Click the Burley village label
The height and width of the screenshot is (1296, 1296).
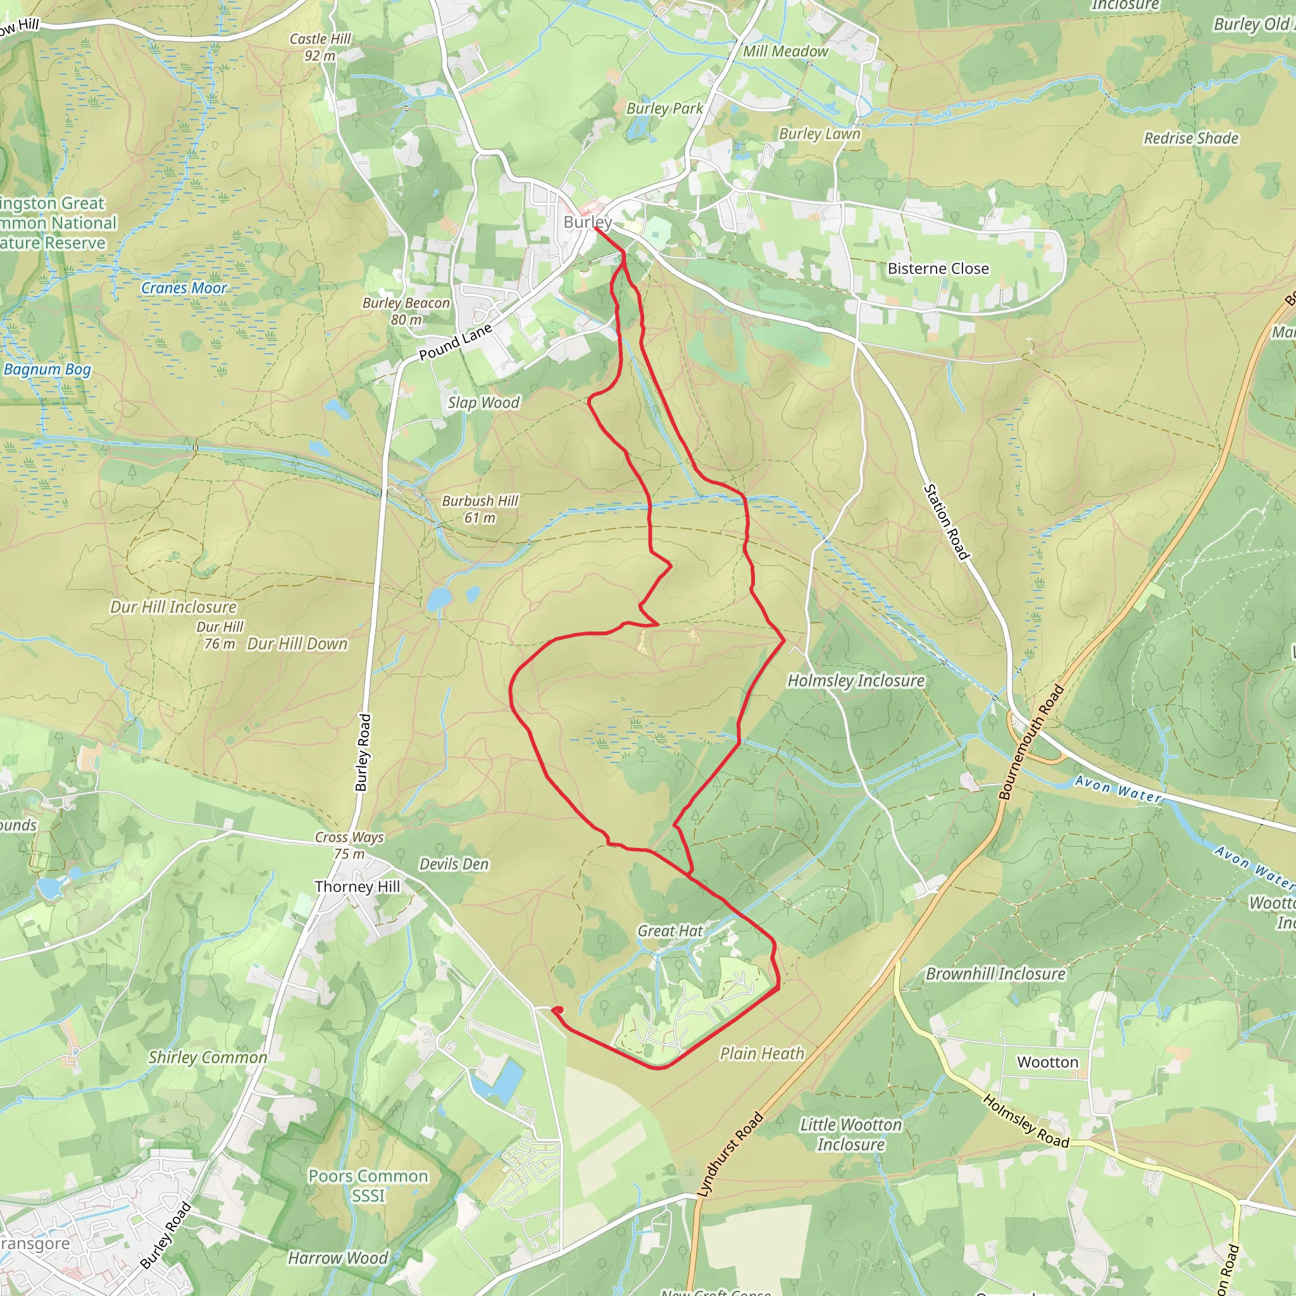pos(587,222)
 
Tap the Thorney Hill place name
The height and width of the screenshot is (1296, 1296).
pos(357,887)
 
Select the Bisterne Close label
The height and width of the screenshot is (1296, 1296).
pos(938,268)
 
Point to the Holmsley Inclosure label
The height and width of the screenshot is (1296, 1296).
pos(856,681)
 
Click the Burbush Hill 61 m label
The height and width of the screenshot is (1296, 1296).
pos(480,509)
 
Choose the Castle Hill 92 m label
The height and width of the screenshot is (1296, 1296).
pos(320,47)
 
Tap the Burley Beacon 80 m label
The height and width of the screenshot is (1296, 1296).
pos(406,311)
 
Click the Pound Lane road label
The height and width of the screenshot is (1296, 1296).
pos(456,342)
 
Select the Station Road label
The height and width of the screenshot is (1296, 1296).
pos(947,522)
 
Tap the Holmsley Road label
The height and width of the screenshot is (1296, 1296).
pos(1026,1121)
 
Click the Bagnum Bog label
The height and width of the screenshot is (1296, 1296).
pos(47,369)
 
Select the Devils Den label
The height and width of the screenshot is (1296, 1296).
pos(454,864)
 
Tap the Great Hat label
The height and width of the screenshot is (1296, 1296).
pos(670,931)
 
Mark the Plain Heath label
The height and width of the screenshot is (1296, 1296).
pos(761,1054)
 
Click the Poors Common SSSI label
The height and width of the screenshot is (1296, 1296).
pos(368,1186)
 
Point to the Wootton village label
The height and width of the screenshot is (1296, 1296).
pos(1047,1062)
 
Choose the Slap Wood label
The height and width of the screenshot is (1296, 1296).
pos(483,402)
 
